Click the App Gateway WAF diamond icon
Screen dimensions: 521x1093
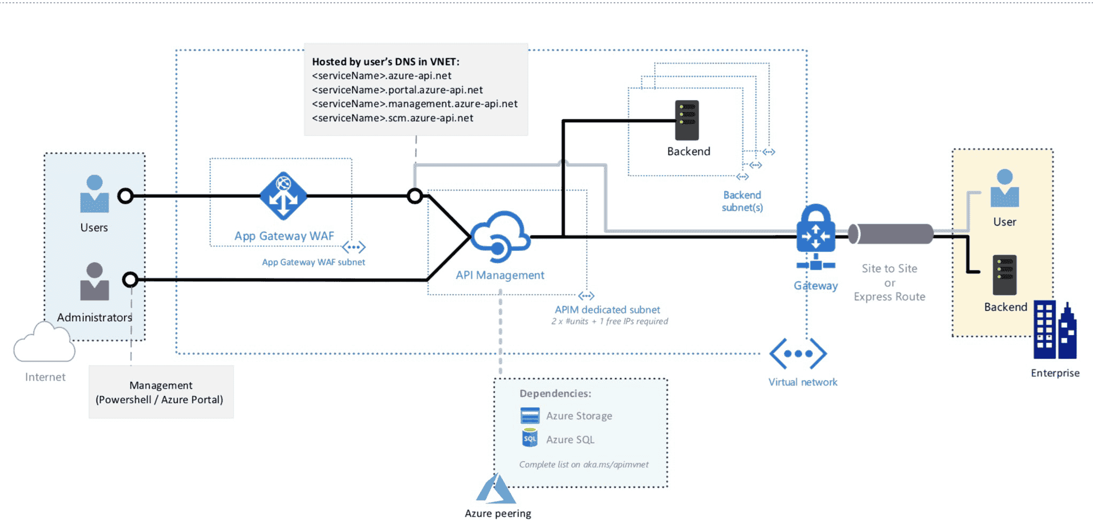coord(283,196)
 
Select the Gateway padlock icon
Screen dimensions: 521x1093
coord(815,230)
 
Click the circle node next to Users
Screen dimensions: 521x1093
coord(125,196)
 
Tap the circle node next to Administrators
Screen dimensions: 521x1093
coord(130,279)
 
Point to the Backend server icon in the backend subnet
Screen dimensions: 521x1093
coord(687,120)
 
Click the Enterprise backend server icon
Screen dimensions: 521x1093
coord(1004,275)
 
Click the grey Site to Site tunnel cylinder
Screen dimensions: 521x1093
coord(891,234)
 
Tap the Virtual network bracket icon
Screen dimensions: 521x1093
coord(798,353)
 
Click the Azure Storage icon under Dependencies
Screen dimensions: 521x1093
coord(530,415)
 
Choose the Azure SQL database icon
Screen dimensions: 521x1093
coord(530,438)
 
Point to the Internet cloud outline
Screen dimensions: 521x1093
coord(44,344)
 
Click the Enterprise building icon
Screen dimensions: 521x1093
coord(1055,331)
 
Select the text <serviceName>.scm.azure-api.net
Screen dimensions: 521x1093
coord(392,118)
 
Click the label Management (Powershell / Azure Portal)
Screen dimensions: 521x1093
coord(160,392)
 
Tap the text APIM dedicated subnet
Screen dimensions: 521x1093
coord(607,310)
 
